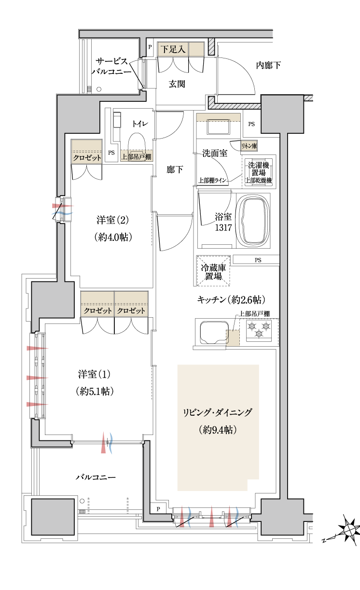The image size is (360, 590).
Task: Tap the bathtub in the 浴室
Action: coord(253,221)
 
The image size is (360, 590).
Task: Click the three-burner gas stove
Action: coord(259,330)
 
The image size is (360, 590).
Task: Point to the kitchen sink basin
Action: coord(214,332)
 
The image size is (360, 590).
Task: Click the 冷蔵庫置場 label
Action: coord(213,272)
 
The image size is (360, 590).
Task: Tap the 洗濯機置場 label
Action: coord(259,169)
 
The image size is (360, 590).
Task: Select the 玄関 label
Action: coord(177,84)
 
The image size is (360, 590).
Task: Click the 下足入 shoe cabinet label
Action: coord(173,49)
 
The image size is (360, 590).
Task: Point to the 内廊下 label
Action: coord(268,65)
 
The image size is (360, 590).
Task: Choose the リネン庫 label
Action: coord(249,146)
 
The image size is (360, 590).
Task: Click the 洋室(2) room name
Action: coord(112,220)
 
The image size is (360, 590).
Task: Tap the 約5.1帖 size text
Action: coord(95,391)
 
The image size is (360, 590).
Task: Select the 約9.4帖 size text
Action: coord(218,430)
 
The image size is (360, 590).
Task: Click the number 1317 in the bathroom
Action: coord(223,227)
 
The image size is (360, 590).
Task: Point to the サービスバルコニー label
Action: coord(111,66)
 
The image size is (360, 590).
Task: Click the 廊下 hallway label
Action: coord(175,169)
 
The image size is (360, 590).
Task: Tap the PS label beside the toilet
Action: coord(111,153)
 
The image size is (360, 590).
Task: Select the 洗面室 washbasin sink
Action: coord(218,126)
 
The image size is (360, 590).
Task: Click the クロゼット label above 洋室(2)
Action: coord(87,158)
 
